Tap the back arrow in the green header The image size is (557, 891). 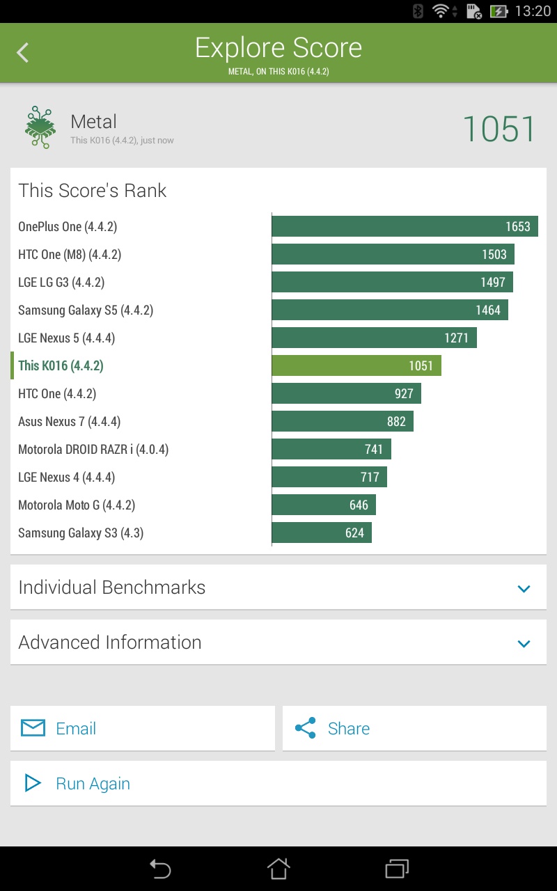pyautogui.click(x=23, y=52)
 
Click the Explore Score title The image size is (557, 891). pyautogui.click(x=278, y=48)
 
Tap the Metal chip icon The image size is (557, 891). pyautogui.click(x=40, y=127)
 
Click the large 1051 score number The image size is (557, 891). pyautogui.click(x=499, y=129)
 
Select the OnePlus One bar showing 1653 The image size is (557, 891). pyautogui.click(x=405, y=226)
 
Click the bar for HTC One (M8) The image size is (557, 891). pyautogui.click(x=393, y=254)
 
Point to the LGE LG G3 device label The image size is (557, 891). pyautogui.click(x=61, y=282)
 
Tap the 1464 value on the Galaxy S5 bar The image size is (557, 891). pyautogui.click(x=488, y=310)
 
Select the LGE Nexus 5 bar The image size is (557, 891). pyautogui.click(x=374, y=338)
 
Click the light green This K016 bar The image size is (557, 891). pyautogui.click(x=356, y=365)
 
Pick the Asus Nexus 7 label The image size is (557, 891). pyautogui.click(x=70, y=421)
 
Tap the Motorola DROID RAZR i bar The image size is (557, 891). pyautogui.click(x=331, y=449)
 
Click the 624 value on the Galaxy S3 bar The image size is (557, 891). pyautogui.click(x=354, y=533)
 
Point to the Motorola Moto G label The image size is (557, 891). pyautogui.click(x=77, y=505)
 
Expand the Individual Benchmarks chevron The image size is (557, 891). pyautogui.click(x=524, y=588)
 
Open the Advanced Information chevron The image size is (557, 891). pyautogui.click(x=524, y=643)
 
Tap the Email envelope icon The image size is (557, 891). pyautogui.click(x=33, y=728)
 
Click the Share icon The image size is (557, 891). pyautogui.click(x=305, y=728)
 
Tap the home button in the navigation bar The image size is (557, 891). pyautogui.click(x=278, y=868)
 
